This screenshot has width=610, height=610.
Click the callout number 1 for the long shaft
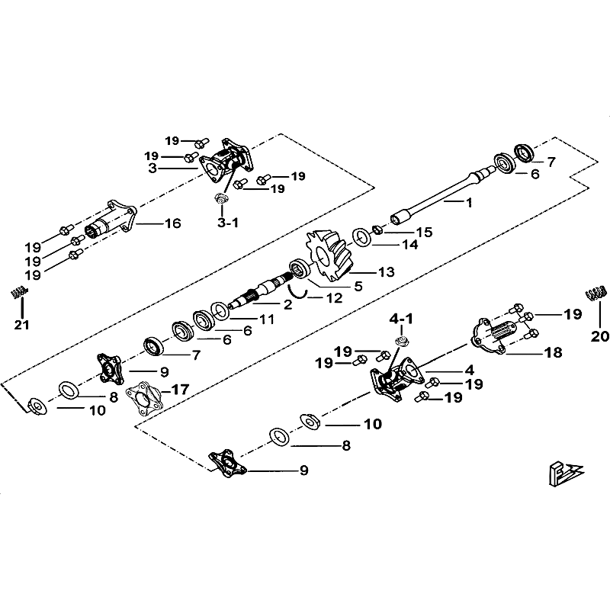click(470, 202)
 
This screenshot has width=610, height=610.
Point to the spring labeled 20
click(595, 292)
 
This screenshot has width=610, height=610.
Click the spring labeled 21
click(20, 292)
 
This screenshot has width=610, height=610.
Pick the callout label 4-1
click(401, 317)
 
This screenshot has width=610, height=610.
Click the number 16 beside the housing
click(172, 223)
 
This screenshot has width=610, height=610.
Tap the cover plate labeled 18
click(488, 332)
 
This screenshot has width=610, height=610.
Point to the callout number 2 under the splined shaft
click(266, 305)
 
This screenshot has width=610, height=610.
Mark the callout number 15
click(423, 231)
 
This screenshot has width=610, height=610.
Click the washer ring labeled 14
click(362, 236)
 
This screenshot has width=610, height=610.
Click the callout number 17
click(181, 389)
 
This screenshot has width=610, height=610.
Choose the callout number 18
click(553, 352)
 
